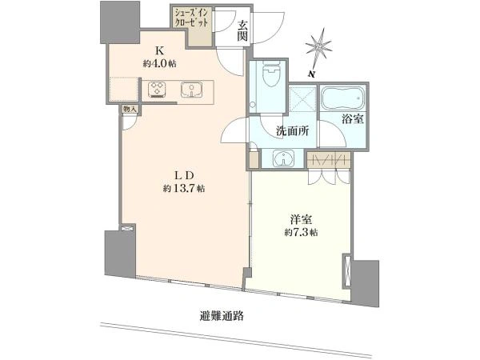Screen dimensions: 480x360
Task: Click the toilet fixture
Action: [271, 73]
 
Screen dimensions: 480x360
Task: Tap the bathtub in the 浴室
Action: [343, 98]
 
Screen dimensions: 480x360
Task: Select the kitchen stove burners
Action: [157, 90]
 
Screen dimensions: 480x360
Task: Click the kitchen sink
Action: [192, 90]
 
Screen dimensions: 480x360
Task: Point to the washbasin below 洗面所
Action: [284, 158]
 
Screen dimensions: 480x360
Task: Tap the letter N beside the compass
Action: [312, 74]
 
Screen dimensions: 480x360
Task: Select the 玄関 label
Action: [242, 31]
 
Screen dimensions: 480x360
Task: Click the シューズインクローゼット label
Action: [191, 18]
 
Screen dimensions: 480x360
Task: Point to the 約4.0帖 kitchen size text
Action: [159, 63]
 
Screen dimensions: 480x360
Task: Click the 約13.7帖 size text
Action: [184, 188]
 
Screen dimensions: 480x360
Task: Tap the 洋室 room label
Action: [301, 220]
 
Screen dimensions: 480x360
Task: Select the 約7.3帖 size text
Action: [301, 233]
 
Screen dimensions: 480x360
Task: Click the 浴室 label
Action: [353, 119]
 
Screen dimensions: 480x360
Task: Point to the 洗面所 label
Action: [292, 131]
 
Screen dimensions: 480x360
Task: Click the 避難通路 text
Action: [222, 315]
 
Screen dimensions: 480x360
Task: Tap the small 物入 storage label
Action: [129, 109]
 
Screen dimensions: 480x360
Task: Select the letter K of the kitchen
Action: [159, 50]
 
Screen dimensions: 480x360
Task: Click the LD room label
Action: [185, 176]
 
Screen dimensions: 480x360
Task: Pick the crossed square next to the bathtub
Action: [302, 99]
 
